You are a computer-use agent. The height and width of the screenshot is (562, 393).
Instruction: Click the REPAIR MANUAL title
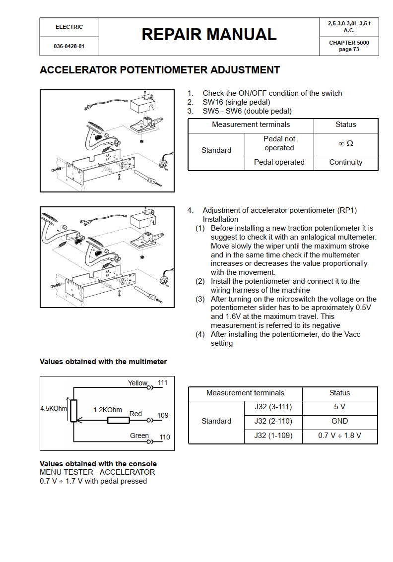[209, 35]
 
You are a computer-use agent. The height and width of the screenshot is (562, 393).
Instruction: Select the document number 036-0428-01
[69, 46]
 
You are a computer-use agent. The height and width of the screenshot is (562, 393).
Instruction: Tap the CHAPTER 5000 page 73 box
[349, 46]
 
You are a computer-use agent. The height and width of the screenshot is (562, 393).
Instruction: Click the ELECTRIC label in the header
[69, 27]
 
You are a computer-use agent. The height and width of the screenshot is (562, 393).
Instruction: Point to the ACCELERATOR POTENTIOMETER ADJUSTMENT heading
[160, 70]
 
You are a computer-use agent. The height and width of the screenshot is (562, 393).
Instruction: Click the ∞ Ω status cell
[346, 143]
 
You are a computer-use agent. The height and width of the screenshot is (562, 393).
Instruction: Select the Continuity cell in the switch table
[346, 162]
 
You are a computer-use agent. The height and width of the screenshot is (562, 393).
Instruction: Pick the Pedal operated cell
[279, 162]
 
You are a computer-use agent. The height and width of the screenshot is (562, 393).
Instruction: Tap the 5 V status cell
[339, 407]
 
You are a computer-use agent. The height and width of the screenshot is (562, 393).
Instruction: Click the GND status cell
[339, 421]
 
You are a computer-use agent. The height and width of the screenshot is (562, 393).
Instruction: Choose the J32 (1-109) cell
[273, 436]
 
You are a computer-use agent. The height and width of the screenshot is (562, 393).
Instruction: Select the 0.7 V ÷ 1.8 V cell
[339, 436]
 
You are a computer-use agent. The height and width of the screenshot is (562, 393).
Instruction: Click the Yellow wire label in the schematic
[137, 383]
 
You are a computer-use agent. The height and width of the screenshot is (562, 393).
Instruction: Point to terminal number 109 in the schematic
[163, 415]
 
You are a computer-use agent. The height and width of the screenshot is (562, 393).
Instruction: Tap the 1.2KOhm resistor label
[108, 410]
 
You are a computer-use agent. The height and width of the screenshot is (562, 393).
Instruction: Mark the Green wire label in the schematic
[139, 436]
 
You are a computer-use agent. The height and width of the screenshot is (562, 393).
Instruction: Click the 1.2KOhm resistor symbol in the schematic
[119, 421]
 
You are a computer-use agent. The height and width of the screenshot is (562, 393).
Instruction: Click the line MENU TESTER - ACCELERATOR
[97, 472]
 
